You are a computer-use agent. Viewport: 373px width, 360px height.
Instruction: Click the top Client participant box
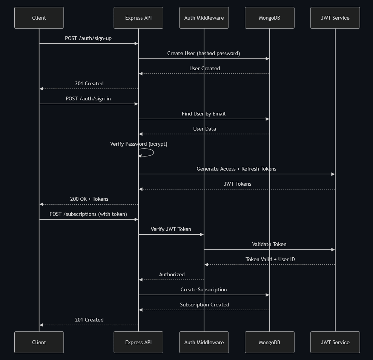[x=39, y=18]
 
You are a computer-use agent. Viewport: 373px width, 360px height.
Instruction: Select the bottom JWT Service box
[x=335, y=342]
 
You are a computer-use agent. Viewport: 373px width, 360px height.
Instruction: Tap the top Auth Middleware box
[x=204, y=18]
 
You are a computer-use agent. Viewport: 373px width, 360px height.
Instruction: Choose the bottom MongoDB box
[x=269, y=342]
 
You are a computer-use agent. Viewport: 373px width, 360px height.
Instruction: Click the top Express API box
[x=138, y=18]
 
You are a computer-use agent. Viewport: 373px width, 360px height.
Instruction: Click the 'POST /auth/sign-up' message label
[x=88, y=38]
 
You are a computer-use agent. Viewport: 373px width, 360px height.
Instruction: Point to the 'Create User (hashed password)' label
[x=204, y=53]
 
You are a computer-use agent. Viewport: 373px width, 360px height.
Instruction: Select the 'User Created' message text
[x=204, y=68]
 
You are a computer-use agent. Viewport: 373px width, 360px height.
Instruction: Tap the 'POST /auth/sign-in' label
[x=88, y=98]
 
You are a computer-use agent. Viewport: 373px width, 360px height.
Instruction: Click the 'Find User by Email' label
[x=204, y=114]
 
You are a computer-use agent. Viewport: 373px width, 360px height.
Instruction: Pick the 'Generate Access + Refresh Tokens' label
[x=236, y=169]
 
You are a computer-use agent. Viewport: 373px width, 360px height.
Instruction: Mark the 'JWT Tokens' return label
[x=237, y=184]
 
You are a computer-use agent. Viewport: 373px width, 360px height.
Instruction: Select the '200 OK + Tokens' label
[x=89, y=199]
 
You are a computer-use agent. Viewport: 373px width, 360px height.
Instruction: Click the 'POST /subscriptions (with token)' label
[x=88, y=214]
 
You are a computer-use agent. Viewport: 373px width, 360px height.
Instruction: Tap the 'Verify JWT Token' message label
[x=171, y=229]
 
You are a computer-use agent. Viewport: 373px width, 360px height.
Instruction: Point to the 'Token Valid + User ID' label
[x=270, y=259]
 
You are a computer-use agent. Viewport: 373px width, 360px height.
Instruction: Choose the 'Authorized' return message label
[x=172, y=274]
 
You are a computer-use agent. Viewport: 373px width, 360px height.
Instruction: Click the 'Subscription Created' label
[x=204, y=305]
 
